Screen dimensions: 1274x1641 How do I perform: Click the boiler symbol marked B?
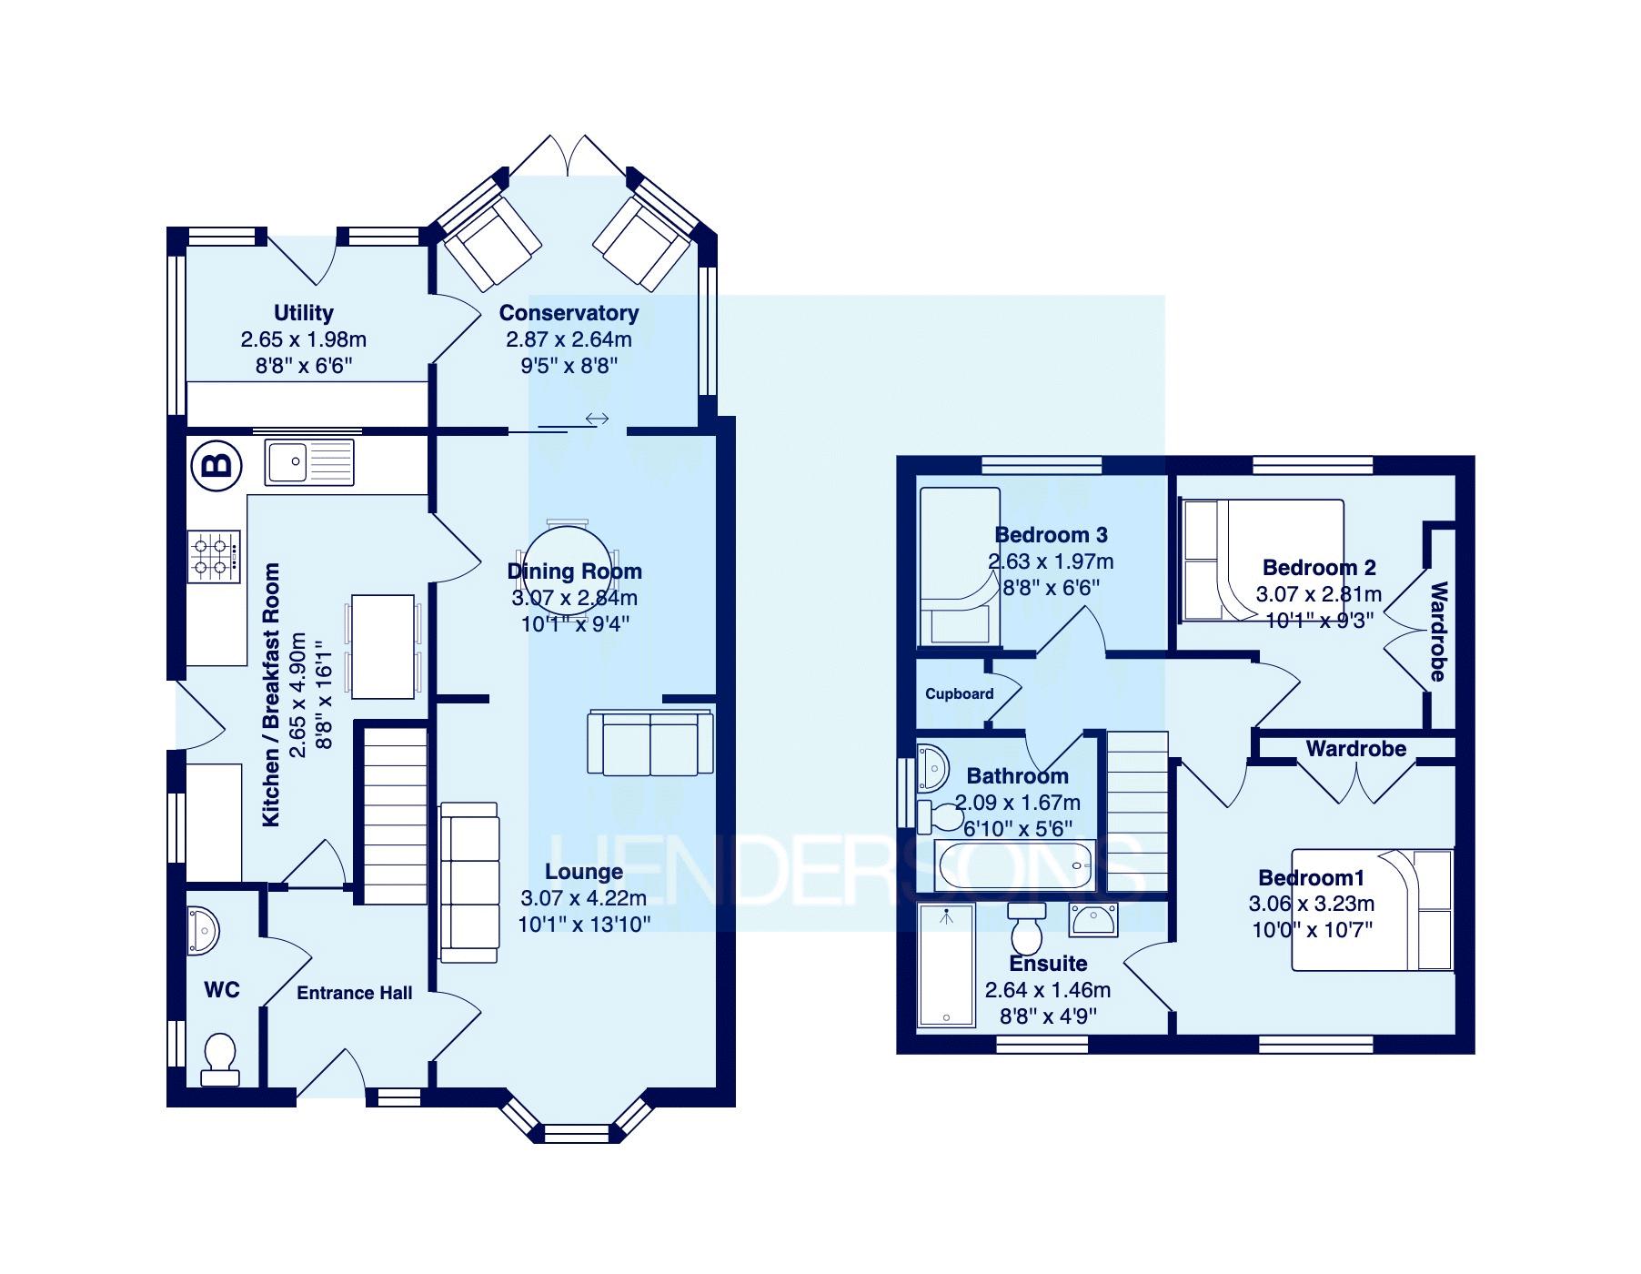click(x=216, y=466)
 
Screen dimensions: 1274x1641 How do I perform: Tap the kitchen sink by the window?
click(x=309, y=462)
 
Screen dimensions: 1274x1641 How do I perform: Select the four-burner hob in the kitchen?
click(x=215, y=557)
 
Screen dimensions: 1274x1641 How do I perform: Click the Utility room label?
click(x=304, y=313)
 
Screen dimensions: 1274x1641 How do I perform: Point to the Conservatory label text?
click(x=569, y=313)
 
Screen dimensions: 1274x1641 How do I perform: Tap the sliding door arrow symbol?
click(x=597, y=419)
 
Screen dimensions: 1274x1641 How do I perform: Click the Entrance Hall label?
click(x=355, y=993)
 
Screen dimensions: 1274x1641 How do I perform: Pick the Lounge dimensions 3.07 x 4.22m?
click(x=583, y=898)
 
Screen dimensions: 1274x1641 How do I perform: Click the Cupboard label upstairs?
click(x=959, y=693)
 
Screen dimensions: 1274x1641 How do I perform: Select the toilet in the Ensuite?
click(x=1028, y=928)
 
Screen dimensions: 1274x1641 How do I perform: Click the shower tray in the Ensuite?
click(x=946, y=967)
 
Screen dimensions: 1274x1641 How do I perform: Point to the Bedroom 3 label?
click(x=1051, y=535)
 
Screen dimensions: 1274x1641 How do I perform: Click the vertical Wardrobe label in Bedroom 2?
click(x=1437, y=632)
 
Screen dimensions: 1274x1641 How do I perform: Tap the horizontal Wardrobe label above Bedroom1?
click(x=1355, y=749)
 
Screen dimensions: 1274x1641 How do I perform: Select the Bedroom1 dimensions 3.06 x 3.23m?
click(x=1311, y=904)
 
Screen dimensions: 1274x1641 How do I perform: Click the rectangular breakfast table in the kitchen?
click(x=383, y=646)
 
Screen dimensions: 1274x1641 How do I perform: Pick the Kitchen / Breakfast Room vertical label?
click(x=271, y=695)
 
